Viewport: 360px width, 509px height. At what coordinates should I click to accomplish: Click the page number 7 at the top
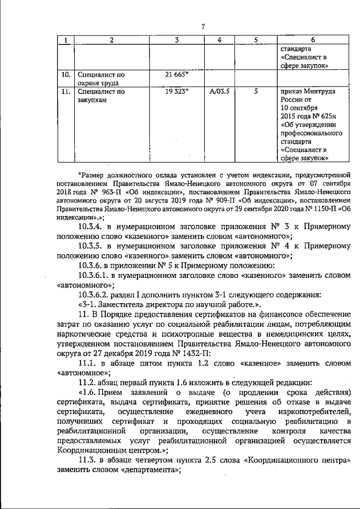click(204, 25)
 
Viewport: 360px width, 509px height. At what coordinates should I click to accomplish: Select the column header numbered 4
click(219, 40)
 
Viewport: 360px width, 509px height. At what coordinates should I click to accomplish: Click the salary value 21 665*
click(177, 74)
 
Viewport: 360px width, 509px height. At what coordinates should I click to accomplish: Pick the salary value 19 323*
click(177, 91)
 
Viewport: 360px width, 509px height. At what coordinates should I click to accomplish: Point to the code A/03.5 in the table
click(219, 91)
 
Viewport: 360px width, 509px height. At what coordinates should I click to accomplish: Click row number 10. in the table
click(65, 74)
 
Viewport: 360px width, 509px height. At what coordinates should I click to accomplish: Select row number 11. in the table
click(65, 91)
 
